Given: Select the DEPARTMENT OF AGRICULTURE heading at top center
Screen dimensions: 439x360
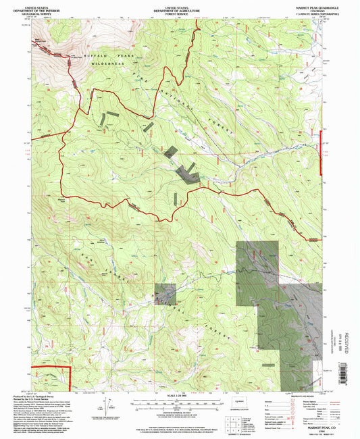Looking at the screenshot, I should pyautogui.click(x=177, y=8).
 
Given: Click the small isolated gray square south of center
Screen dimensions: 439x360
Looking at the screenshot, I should pyautogui.click(x=165, y=293).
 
